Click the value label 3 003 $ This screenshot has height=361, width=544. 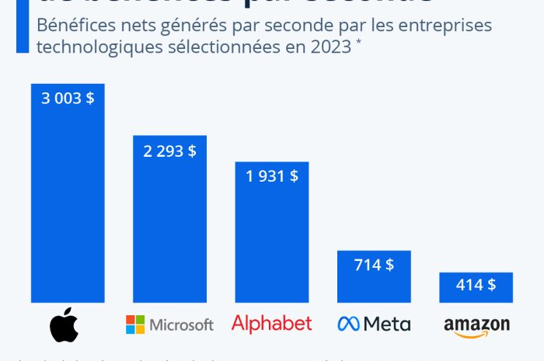tap(68, 99)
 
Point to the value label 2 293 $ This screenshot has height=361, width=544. tap(169, 151)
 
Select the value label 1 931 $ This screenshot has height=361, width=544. tap(271, 176)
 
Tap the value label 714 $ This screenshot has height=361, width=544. tap(373, 265)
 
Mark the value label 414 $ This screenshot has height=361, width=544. tap(476, 285)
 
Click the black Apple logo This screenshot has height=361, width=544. tap(65, 325)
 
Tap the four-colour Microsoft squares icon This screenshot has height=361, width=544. tap(136, 324)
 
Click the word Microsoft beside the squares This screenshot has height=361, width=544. tap(182, 325)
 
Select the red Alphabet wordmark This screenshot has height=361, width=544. tap(271, 323)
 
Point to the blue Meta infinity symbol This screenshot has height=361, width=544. tap(348, 324)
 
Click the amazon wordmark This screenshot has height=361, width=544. tap(476, 322)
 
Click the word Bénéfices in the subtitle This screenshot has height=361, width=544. tap(69, 25)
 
